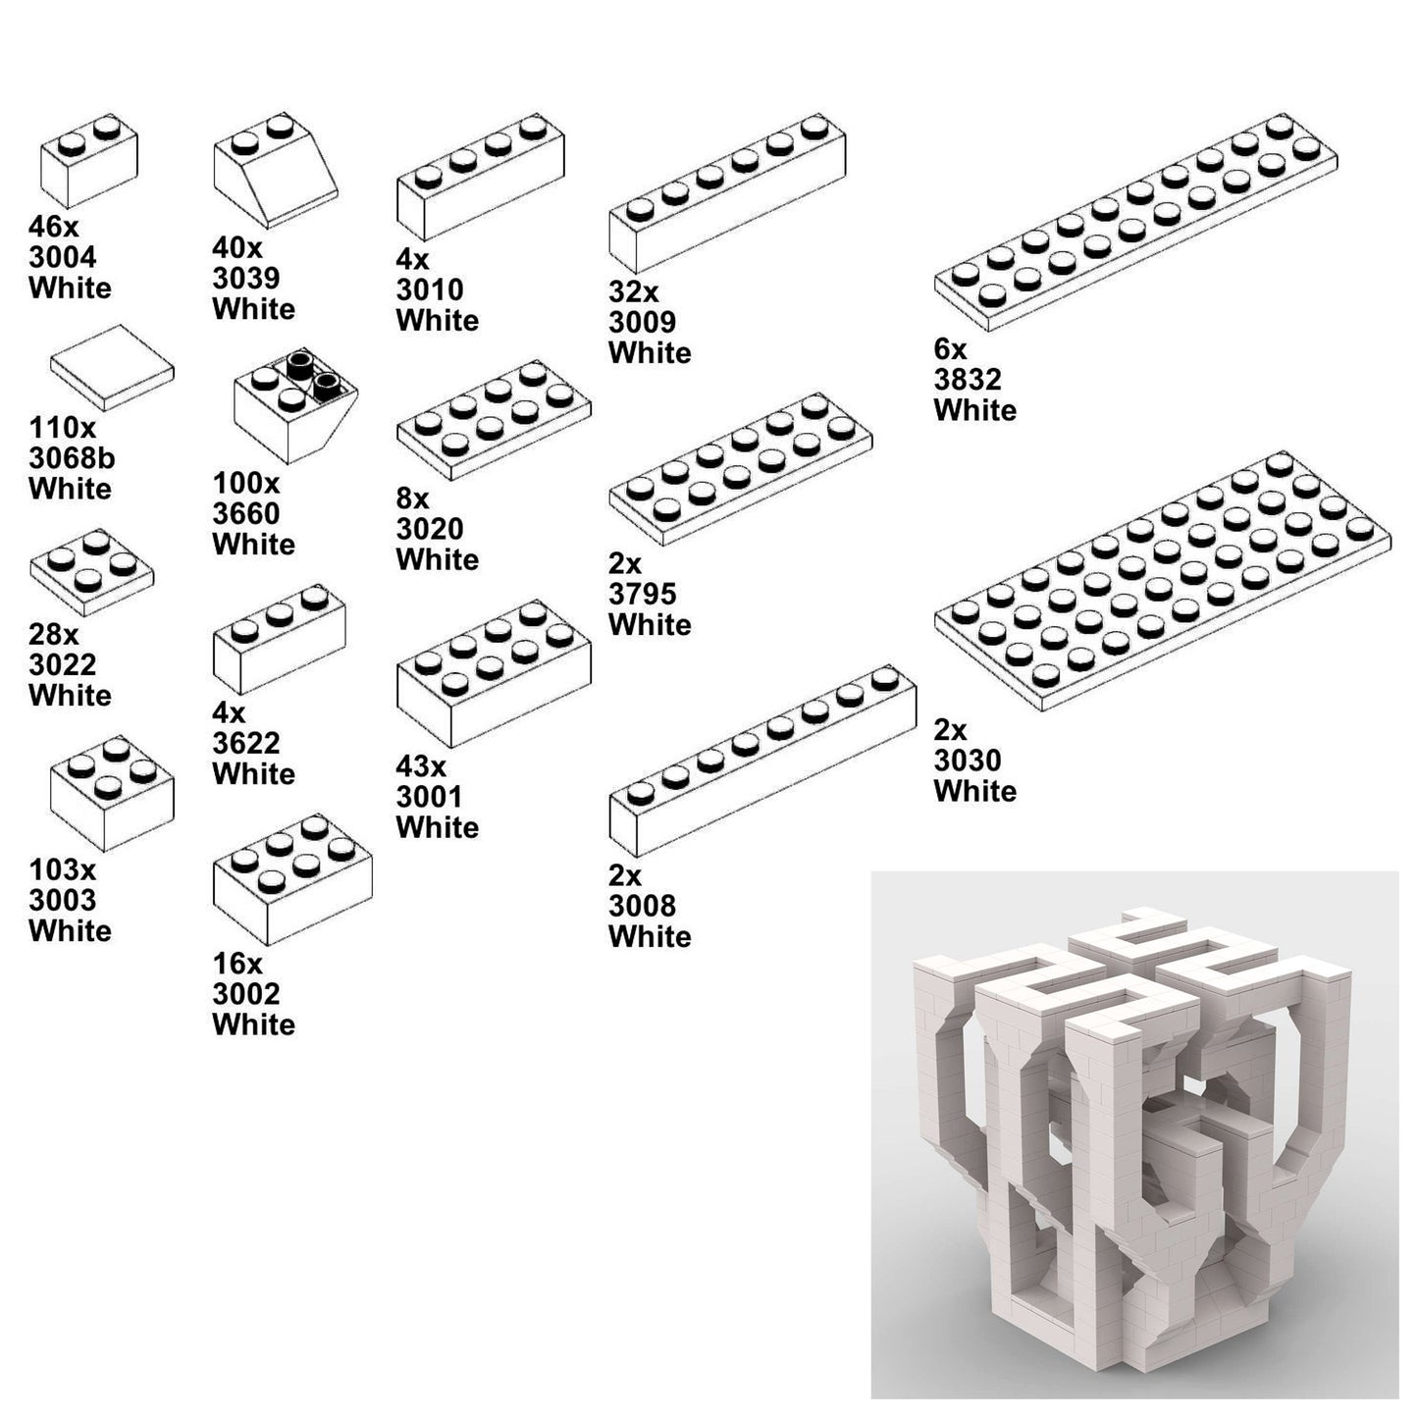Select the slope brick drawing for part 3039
(275, 171)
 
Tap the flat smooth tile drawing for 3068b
(112, 368)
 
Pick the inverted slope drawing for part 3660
(295, 406)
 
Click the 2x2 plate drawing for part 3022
(92, 573)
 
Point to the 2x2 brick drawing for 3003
(112, 794)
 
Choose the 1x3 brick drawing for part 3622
(280, 640)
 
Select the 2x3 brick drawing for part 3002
(292, 880)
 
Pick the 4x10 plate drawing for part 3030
(1163, 581)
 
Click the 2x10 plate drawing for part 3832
(1136, 222)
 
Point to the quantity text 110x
(63, 427)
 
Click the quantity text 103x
(63, 869)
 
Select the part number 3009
(643, 322)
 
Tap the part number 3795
(643, 594)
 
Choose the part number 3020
(430, 529)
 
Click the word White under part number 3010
(438, 320)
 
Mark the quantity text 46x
(54, 226)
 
